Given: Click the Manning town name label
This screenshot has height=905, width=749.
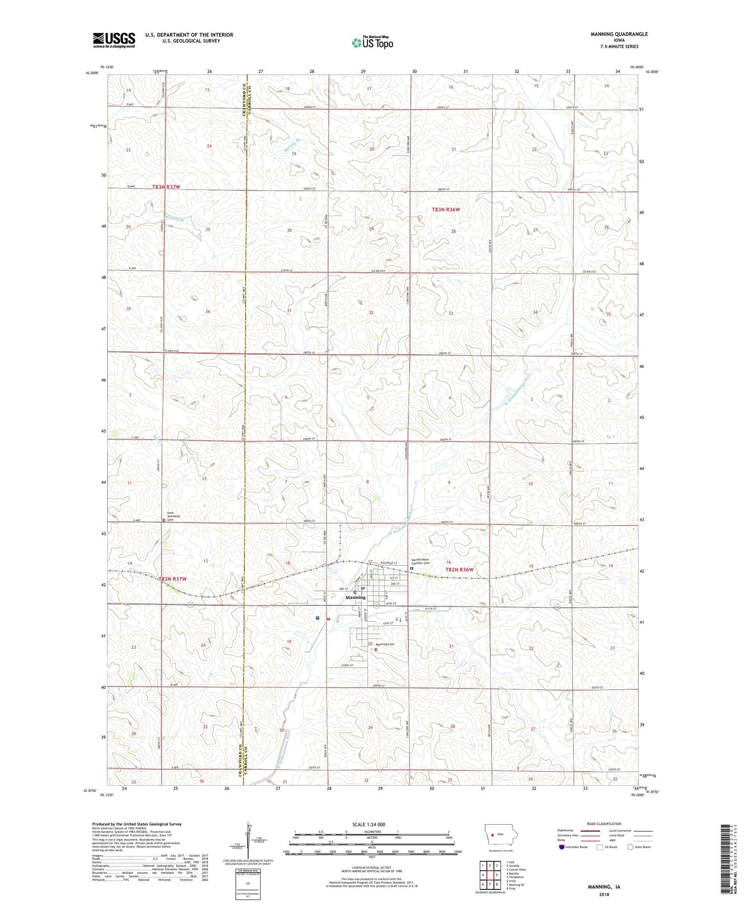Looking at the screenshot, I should click(356, 597).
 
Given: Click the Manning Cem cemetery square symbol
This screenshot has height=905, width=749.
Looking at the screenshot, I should click(376, 649).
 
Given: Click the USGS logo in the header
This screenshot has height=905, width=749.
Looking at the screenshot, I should click(114, 39).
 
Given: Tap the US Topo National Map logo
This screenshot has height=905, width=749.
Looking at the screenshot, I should click(372, 43).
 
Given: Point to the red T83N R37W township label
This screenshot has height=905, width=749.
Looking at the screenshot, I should click(166, 187).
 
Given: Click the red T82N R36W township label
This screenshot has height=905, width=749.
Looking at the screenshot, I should click(460, 570).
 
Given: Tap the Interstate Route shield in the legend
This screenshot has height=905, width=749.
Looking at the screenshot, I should click(562, 847).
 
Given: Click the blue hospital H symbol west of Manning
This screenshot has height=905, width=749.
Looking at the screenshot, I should click(317, 617).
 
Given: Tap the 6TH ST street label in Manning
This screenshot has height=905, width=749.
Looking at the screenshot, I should click(391, 604).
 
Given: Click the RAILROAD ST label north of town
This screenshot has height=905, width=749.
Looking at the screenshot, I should click(389, 562).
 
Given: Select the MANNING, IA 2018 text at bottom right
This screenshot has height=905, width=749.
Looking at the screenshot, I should click(604, 890).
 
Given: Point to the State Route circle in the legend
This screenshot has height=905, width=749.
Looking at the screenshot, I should click(630, 847).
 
